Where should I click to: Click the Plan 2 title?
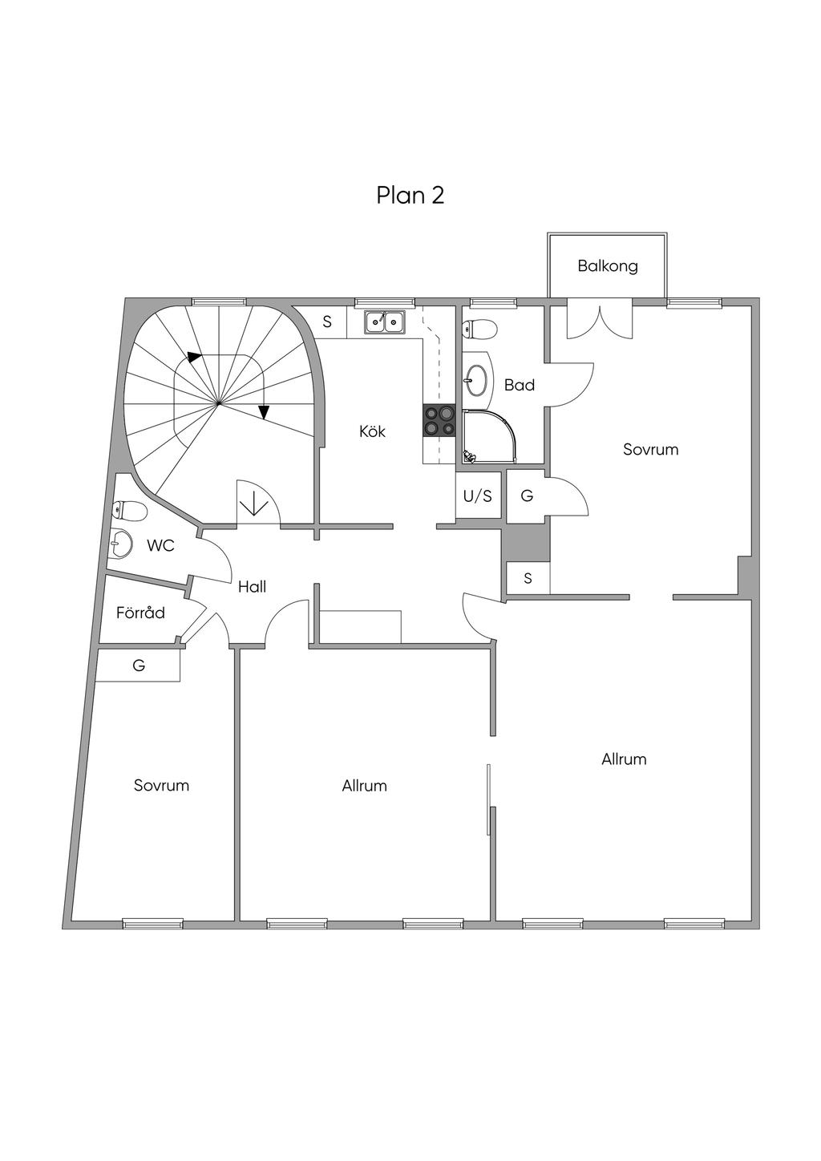pos(410,196)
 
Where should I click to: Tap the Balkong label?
pos(608,266)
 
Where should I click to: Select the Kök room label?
pos(372,431)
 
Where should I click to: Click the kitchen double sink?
pos(385,322)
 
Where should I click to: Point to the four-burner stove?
pos(439,420)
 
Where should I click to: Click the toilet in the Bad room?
pos(479,328)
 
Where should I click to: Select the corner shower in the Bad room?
pos(489,437)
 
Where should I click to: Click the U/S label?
pos(477,496)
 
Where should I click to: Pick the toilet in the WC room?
pos(130,512)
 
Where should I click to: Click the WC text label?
pos(160,546)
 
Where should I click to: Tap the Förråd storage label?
pos(140,613)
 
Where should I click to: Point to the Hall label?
pos(252,587)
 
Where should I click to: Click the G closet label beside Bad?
pos(527,496)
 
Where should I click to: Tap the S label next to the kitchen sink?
pos(326,322)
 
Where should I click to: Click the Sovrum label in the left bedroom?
pos(161,785)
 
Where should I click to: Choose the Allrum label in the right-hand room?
pos(624,759)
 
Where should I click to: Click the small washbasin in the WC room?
pos(120,543)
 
